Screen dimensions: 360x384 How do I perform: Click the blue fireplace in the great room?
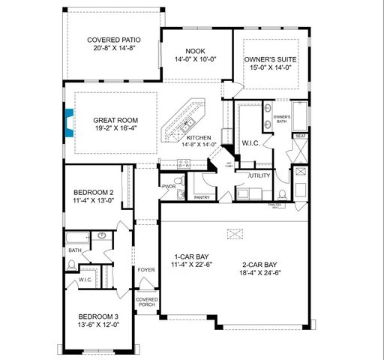click(x=69, y=122)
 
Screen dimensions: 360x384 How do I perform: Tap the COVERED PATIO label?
click(x=113, y=40)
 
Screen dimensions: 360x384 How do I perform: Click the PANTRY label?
click(x=202, y=197)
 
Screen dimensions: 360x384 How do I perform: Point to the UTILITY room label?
click(x=260, y=175)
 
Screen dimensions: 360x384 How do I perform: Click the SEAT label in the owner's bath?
click(x=299, y=136)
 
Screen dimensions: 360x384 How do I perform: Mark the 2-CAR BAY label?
click(x=260, y=265)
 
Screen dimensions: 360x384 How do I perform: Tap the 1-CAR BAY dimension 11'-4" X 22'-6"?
click(x=190, y=262)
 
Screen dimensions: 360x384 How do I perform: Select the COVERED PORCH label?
click(x=146, y=304)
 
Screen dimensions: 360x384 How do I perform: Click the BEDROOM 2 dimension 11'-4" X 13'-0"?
click(x=93, y=200)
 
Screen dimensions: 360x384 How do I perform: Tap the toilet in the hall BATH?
click(x=73, y=263)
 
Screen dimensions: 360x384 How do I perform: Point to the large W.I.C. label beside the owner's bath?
click(x=250, y=142)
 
